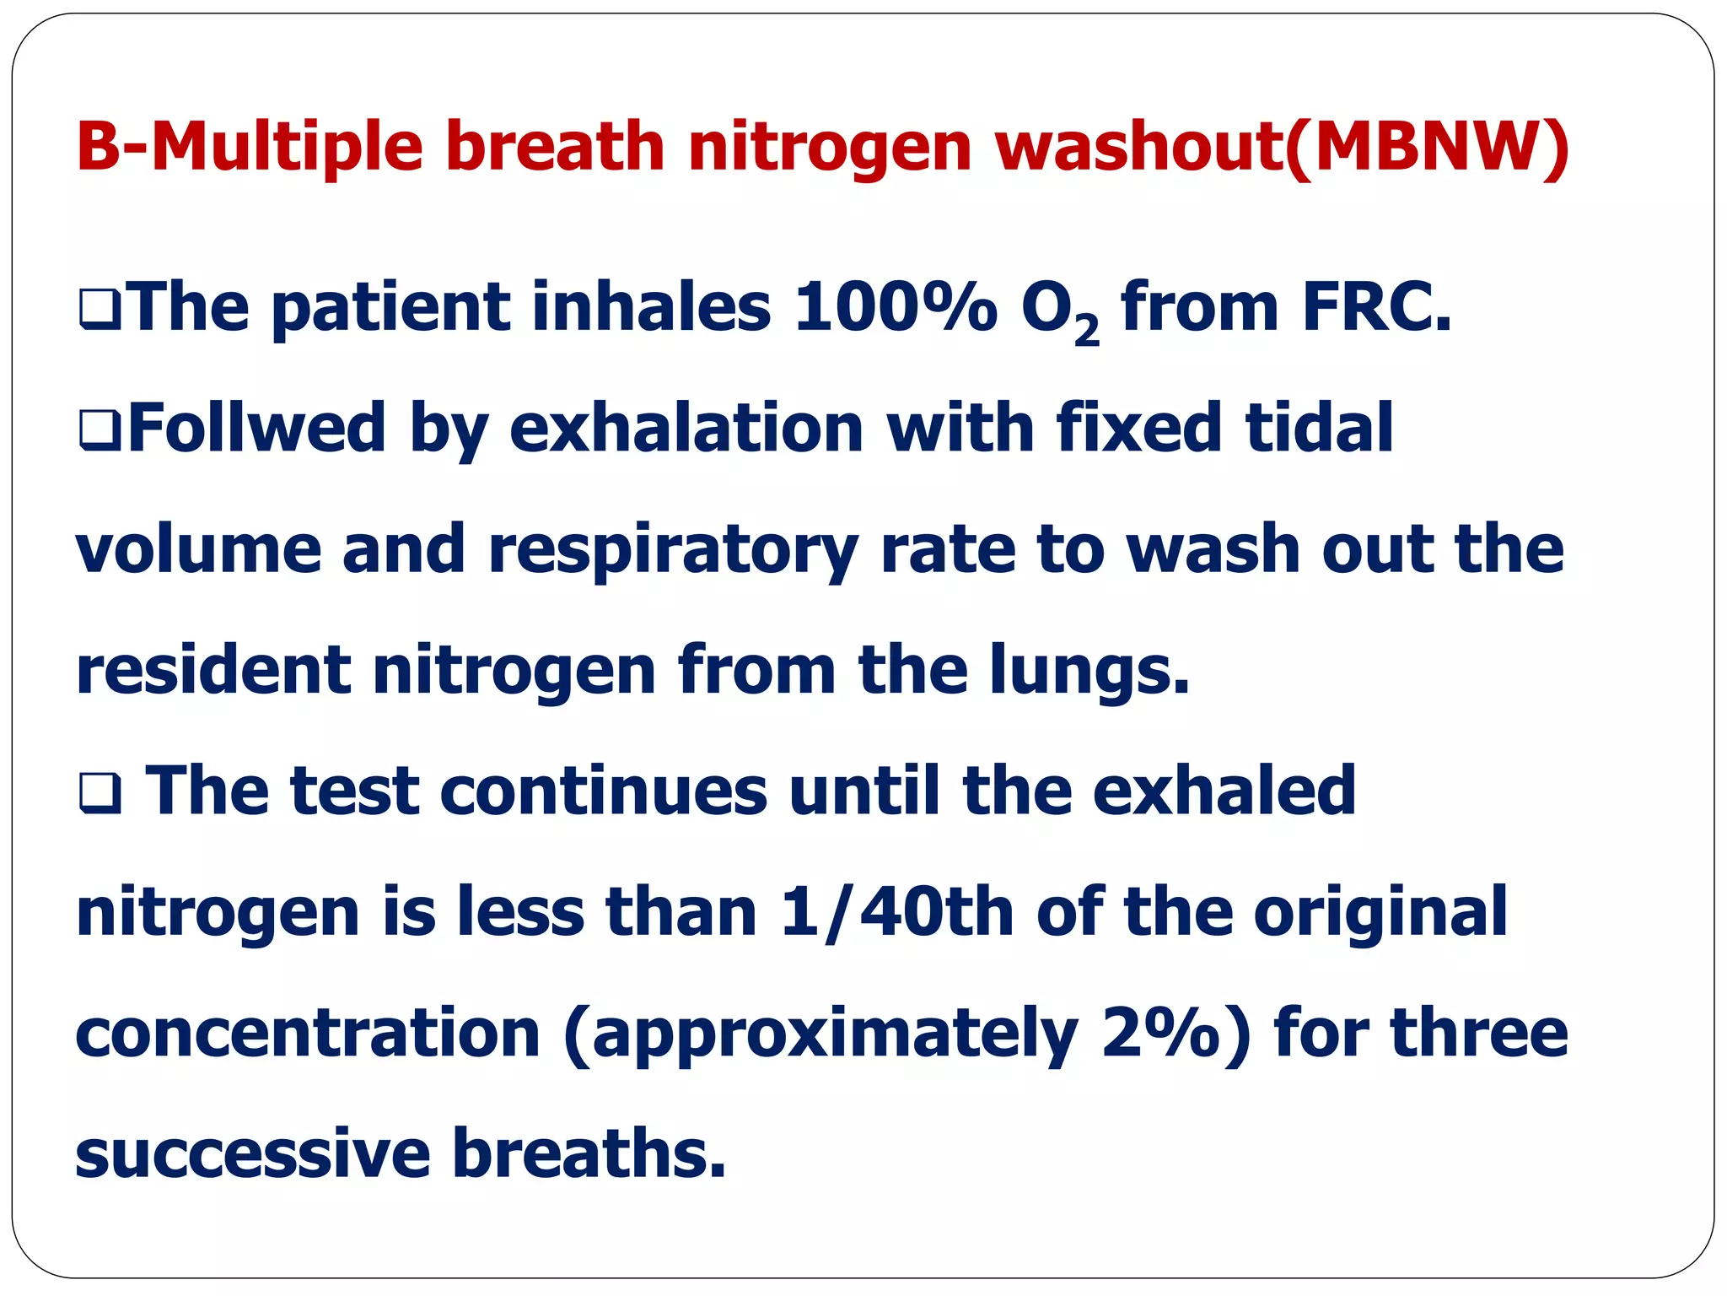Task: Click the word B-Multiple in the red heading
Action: (x=249, y=146)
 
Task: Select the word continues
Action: (x=604, y=791)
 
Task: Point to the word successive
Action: (x=253, y=1153)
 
